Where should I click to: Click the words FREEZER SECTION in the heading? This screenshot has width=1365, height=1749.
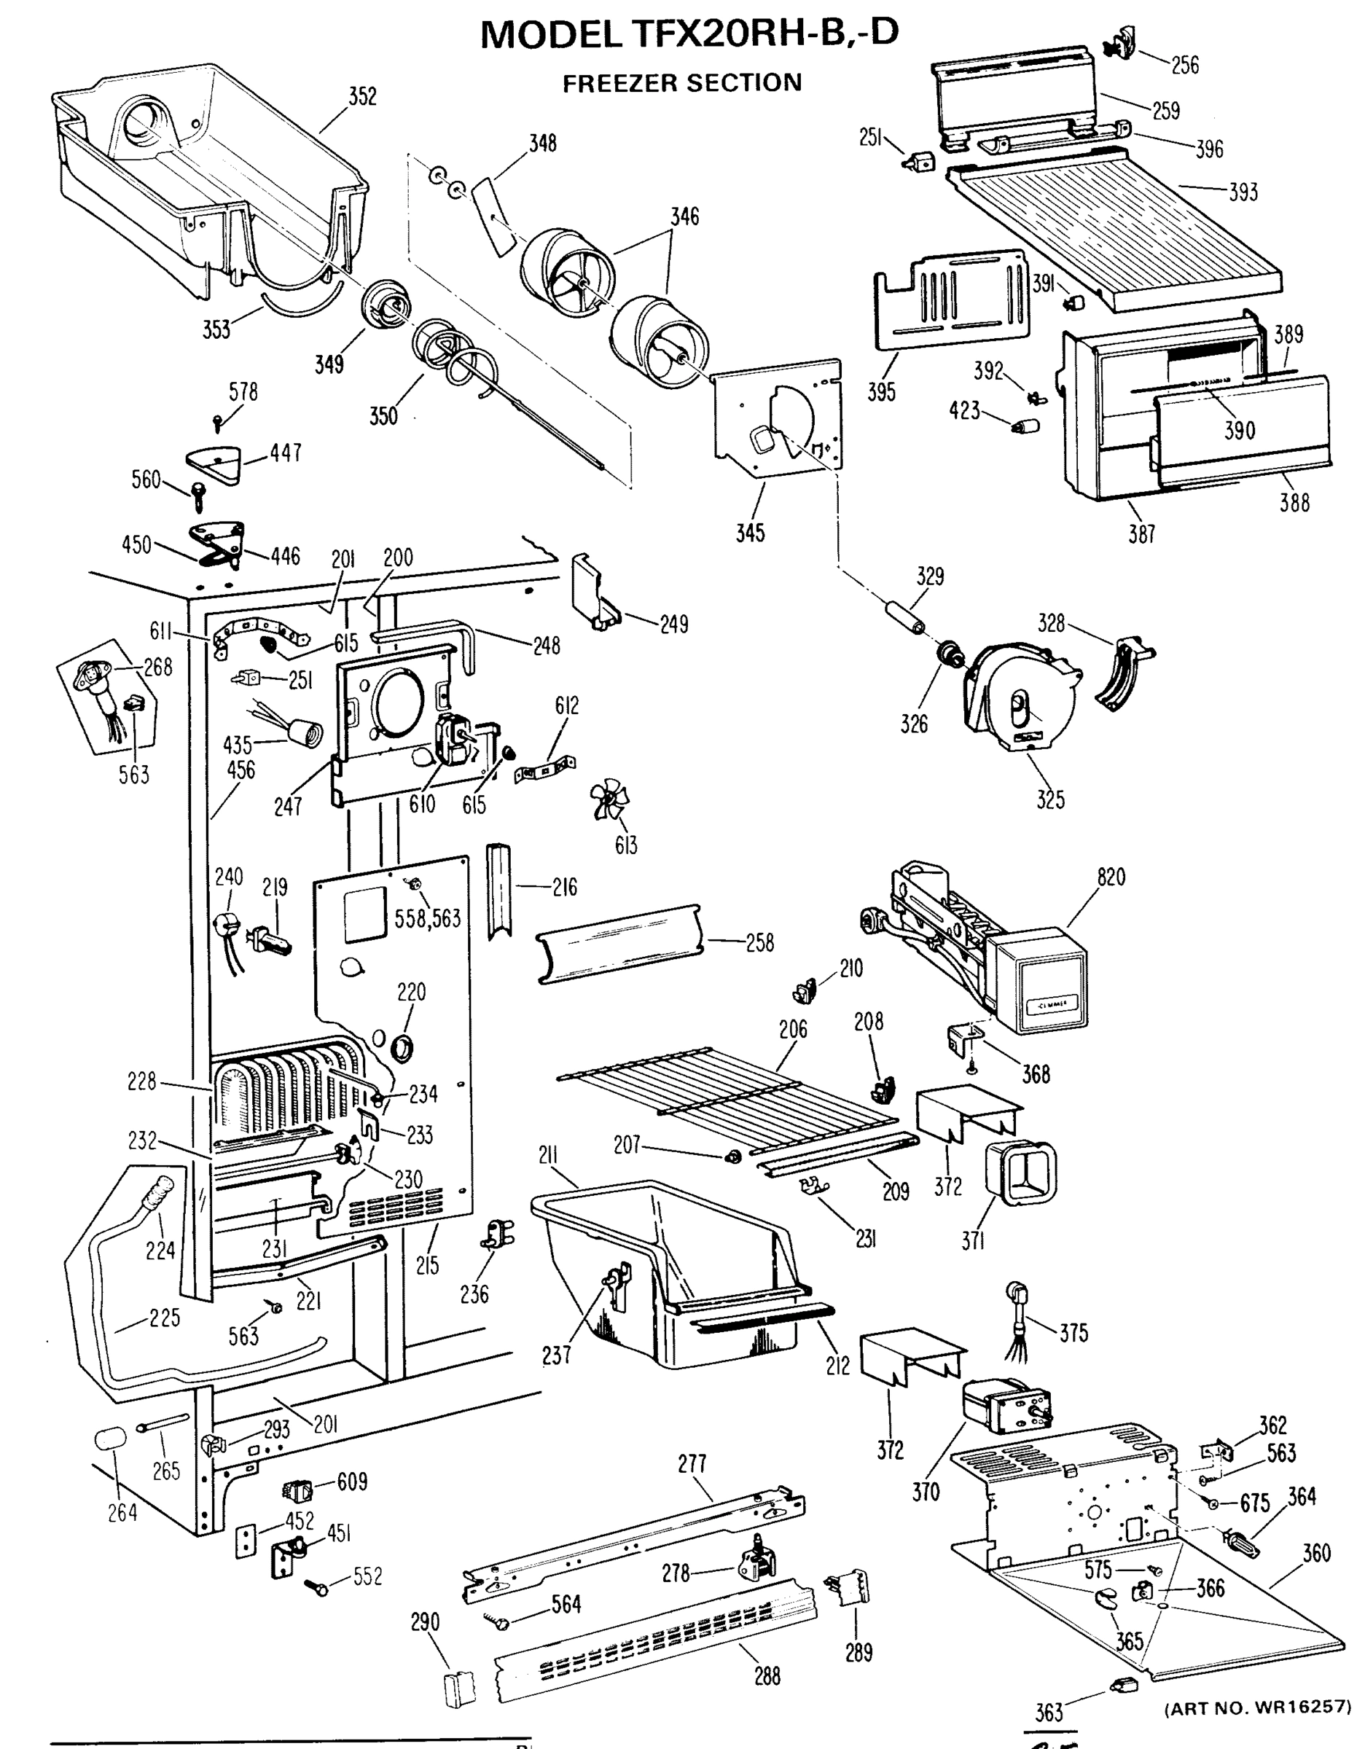coord(681,83)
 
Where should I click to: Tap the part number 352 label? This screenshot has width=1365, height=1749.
coord(362,96)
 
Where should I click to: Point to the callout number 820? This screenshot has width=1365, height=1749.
coord(1111,877)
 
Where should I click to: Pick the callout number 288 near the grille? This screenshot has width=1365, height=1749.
coord(767,1676)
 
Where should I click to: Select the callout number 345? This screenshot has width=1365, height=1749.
coord(751,533)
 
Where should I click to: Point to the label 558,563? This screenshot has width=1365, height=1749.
coord(428,917)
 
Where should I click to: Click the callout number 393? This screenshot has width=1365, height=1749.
coord(1243,192)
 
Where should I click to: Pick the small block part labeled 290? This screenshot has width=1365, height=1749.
coord(459,1685)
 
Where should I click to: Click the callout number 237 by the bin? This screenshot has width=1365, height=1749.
coord(556,1355)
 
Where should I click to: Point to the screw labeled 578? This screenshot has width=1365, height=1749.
coord(218,420)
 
